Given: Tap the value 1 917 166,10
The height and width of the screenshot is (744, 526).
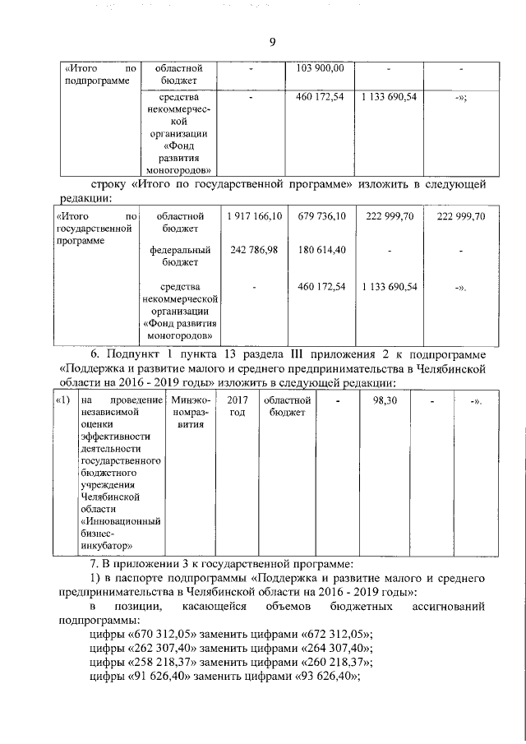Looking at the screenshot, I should (x=255, y=216).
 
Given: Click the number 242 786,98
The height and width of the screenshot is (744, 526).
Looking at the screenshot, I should (x=255, y=249).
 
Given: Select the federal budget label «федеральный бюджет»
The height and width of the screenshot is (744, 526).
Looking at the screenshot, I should (x=182, y=256).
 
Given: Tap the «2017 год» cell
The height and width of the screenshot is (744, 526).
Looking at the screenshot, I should (x=237, y=406).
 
